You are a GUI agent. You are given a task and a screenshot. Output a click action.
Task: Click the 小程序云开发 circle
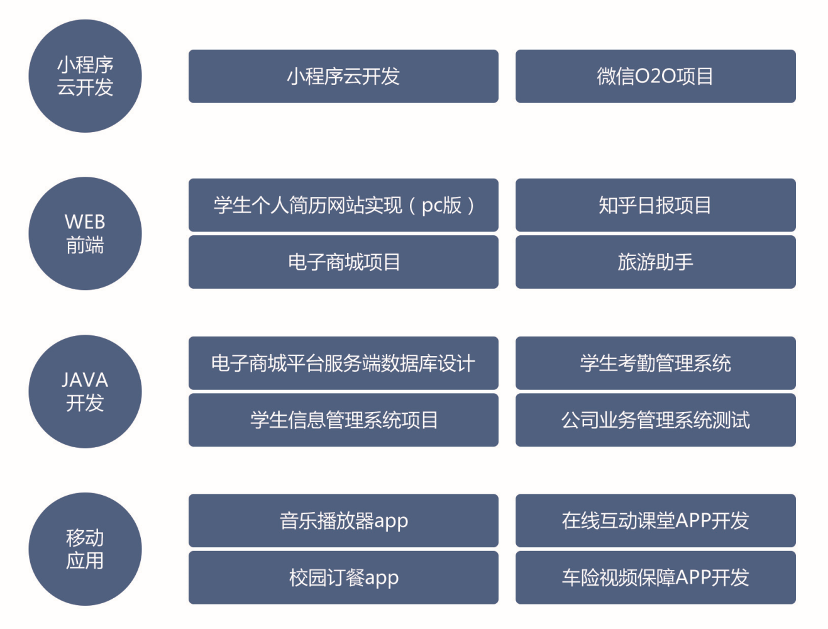click(x=85, y=76)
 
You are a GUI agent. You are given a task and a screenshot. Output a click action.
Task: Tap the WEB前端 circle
click(x=85, y=233)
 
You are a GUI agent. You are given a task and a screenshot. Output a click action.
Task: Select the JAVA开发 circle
click(x=85, y=391)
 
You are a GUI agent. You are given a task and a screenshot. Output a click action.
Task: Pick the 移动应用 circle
click(x=85, y=549)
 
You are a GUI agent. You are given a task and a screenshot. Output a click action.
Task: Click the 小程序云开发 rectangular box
click(x=343, y=76)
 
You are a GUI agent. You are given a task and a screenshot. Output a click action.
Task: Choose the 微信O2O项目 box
click(x=655, y=76)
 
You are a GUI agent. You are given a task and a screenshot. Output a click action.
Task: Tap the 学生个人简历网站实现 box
click(x=343, y=205)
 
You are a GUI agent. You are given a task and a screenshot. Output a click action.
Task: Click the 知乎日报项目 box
click(x=655, y=205)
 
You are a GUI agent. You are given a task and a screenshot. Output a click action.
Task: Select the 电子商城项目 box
click(x=343, y=262)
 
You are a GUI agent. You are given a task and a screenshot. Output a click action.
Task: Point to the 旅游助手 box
click(x=655, y=262)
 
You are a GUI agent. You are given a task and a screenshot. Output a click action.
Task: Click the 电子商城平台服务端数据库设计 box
click(x=343, y=363)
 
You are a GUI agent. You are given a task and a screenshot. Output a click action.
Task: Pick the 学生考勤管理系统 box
click(x=655, y=363)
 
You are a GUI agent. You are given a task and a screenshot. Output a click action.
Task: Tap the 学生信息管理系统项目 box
click(x=343, y=420)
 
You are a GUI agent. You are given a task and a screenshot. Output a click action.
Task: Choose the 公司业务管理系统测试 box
click(x=655, y=420)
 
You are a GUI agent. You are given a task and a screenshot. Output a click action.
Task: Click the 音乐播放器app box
click(x=343, y=520)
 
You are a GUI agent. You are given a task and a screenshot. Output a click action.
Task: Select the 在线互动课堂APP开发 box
click(x=655, y=520)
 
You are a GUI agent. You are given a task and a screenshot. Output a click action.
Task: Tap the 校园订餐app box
click(x=343, y=577)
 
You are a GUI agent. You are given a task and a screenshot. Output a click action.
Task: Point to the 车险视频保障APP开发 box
click(x=655, y=577)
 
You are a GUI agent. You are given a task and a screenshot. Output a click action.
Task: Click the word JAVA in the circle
click(x=85, y=380)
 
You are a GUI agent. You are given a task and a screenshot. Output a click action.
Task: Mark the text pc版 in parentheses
click(x=441, y=206)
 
